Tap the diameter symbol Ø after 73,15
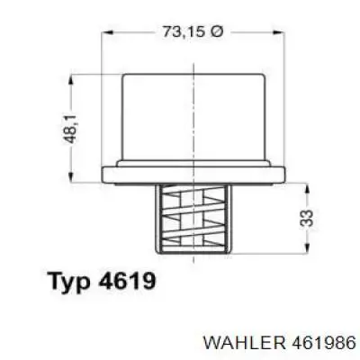click(x=216, y=31)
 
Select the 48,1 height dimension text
click(x=72, y=129)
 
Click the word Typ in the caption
click(x=70, y=281)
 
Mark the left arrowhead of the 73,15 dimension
click(x=107, y=32)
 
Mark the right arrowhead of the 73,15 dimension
click(x=279, y=32)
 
